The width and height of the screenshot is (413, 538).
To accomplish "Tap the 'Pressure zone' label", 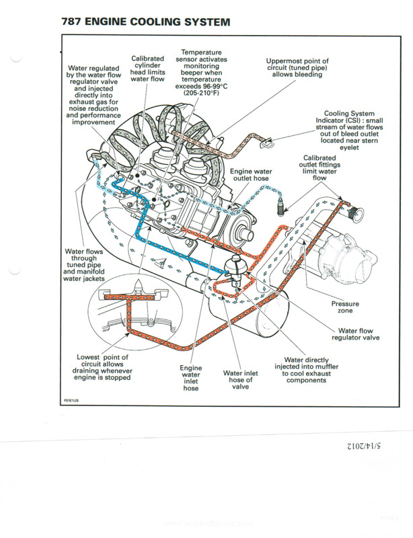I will (344, 307).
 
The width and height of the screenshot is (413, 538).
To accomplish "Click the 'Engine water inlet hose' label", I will (191, 379).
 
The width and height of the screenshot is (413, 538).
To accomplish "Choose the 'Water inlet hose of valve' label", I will (237, 380).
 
